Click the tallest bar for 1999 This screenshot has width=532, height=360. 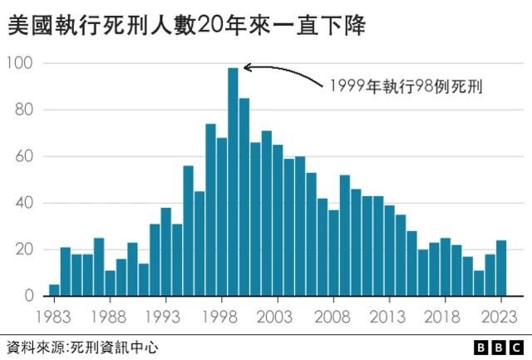click(x=233, y=182)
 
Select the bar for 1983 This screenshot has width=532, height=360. click(x=54, y=290)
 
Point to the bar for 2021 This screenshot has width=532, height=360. click(x=479, y=284)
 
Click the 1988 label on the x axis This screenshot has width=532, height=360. click(x=110, y=317)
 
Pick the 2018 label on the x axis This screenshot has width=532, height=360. click(x=445, y=317)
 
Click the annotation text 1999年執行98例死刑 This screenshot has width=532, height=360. click(x=407, y=86)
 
